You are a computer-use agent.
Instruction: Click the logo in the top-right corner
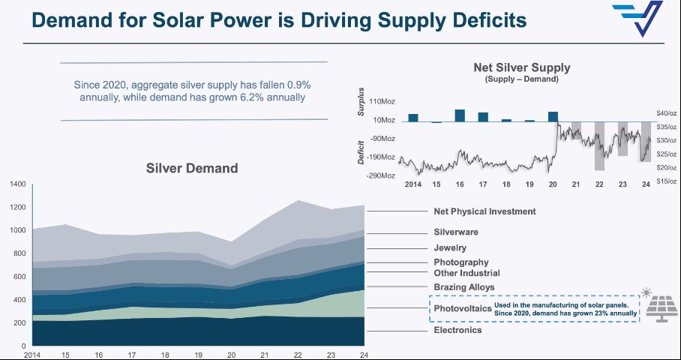coord(637,19)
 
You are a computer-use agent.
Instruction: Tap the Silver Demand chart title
coord(191,168)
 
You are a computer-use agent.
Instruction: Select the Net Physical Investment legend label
coord(484,211)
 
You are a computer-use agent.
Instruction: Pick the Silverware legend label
coord(456,232)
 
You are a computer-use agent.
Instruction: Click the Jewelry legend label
coord(450,248)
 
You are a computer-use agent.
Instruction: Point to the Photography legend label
coord(460,262)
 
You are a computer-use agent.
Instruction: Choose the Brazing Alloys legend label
coord(463,287)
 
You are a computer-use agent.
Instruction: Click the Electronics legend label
coord(457,330)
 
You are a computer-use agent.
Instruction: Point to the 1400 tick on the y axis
coord(18,184)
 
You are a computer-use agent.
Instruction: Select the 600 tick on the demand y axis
coord(19,277)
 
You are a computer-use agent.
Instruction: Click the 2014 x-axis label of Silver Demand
coord(32,354)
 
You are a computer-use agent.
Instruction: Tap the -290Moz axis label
coord(382,175)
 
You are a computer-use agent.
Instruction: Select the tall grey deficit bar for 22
coord(599,145)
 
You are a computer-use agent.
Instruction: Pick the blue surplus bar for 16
coord(460,115)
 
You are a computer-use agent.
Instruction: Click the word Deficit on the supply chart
coord(362,153)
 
